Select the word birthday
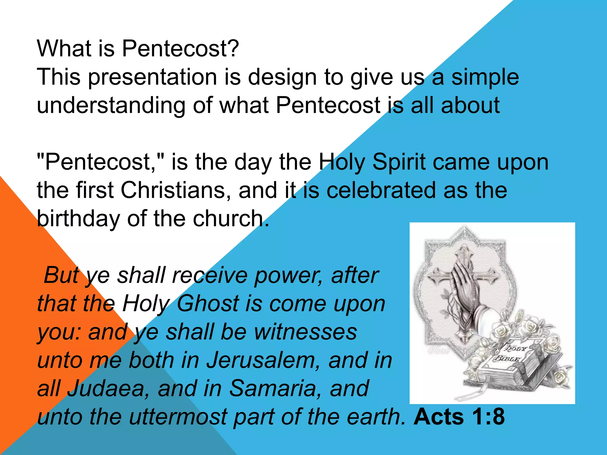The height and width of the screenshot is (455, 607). tap(78, 219)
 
